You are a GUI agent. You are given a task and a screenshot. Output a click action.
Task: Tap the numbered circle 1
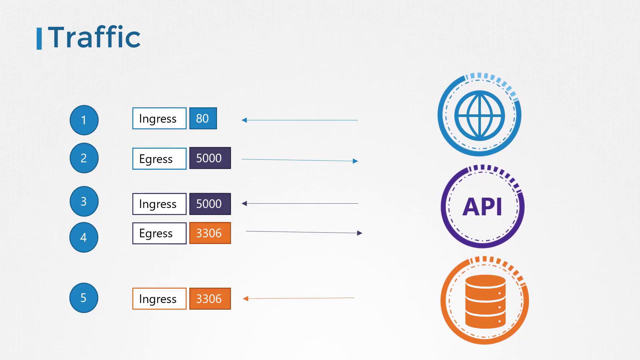coord(84,120)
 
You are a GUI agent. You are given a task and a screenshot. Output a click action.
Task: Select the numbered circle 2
coord(84,158)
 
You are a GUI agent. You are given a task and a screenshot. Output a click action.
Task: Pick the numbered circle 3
coord(84,201)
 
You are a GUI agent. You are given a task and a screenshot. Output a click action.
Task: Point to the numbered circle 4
coord(84,237)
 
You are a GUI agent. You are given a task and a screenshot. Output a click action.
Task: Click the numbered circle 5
coord(84,298)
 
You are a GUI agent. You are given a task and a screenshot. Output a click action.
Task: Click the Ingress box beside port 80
coord(159,118)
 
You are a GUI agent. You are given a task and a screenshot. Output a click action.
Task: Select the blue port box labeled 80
coord(203,118)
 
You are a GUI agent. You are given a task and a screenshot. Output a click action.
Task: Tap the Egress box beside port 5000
coord(159,159)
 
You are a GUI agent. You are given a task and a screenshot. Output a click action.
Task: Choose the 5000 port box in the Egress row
coord(210,158)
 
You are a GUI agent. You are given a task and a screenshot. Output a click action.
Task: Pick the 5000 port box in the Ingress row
coord(210,204)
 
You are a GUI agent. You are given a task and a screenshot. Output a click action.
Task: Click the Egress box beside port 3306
coord(159,233)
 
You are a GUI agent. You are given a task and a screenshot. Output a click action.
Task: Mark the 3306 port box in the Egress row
coord(210,233)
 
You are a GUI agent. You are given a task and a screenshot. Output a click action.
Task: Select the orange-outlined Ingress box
coord(159,299)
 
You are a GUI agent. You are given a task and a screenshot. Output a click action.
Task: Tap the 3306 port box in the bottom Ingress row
coord(210,299)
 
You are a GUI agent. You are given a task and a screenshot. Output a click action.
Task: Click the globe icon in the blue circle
coord(480,116)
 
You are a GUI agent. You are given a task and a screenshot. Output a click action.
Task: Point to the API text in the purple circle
coord(482,207)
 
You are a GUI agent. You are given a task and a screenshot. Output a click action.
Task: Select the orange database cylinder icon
coord(485,301)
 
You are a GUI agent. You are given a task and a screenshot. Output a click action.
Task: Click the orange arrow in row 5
coord(299,298)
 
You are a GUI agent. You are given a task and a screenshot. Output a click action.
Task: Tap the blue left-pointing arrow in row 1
coord(300,120)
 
